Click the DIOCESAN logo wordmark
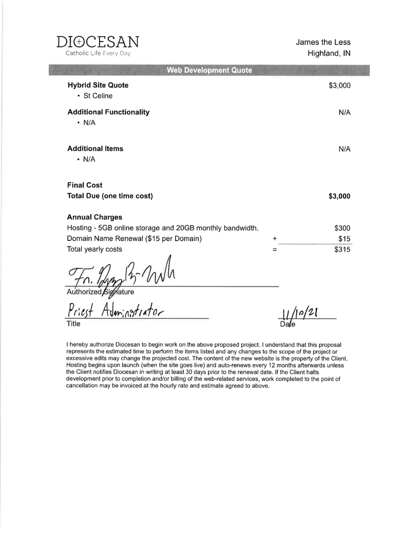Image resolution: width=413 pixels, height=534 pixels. (98, 43)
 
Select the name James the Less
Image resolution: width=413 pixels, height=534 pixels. (323, 42)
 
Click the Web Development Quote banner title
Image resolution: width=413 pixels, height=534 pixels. (209, 70)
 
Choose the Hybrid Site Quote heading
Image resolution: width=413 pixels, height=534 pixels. (98, 85)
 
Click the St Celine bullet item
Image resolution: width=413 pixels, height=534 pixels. (98, 96)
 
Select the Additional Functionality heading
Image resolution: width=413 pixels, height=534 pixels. (108, 112)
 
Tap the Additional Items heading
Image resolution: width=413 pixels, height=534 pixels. (95, 149)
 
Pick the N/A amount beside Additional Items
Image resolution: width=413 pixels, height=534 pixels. (344, 149)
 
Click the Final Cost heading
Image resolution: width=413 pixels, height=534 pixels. (85, 185)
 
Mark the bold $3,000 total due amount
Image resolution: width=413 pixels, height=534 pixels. (339, 196)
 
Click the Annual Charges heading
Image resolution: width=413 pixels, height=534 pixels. (94, 217)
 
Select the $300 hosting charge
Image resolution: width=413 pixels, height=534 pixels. (342, 228)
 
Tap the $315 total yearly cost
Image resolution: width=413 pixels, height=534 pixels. (342, 250)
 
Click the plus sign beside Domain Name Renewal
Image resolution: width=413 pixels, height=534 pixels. (274, 239)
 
